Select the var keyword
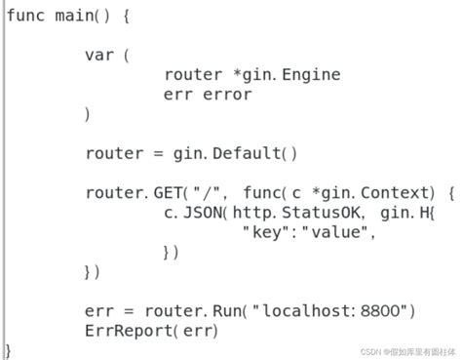[x=99, y=55]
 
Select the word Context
[x=394, y=192]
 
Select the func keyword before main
[x=27, y=16]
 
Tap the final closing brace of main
[x=9, y=349]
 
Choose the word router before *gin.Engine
[x=193, y=74]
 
